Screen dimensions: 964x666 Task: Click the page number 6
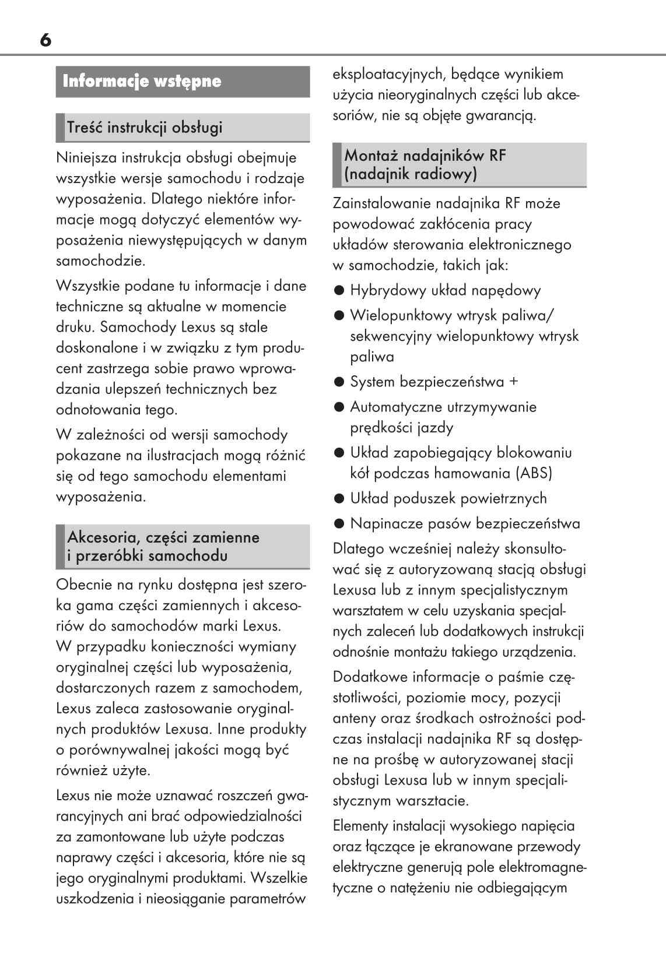click(x=45, y=40)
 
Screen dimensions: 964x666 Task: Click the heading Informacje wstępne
click(x=142, y=81)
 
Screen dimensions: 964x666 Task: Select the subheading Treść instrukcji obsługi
click(x=144, y=127)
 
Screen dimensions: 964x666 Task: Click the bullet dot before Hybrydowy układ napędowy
click(x=339, y=290)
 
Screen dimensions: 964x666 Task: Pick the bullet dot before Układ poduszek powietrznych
click(x=339, y=498)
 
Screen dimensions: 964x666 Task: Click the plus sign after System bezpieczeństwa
click(x=513, y=382)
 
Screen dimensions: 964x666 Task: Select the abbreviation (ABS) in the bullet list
click(x=534, y=473)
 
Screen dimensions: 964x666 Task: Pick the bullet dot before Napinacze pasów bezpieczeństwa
click(x=339, y=523)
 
